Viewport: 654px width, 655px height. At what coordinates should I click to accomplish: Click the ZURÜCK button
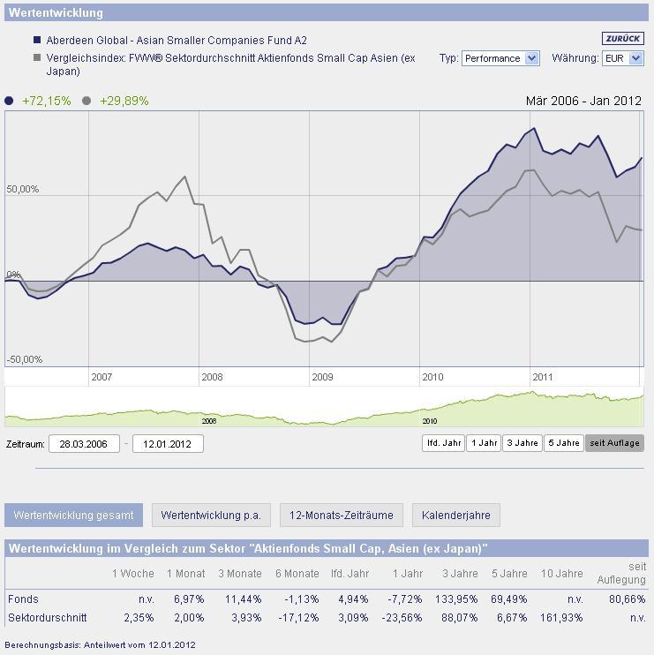pyautogui.click(x=623, y=38)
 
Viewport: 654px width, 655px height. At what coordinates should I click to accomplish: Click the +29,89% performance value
pyautogui.click(x=124, y=101)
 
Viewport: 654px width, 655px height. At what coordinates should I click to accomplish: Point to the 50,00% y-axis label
pyautogui.click(x=23, y=190)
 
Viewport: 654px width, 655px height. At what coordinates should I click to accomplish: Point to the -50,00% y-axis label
pyautogui.click(x=25, y=360)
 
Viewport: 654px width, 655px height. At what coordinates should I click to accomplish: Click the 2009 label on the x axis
pyautogui.click(x=322, y=377)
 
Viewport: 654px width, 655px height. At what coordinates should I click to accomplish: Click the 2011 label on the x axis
pyautogui.click(x=542, y=377)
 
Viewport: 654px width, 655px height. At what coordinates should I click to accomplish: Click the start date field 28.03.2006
pyautogui.click(x=84, y=443)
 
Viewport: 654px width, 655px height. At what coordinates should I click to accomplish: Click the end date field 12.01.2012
pyautogui.click(x=168, y=443)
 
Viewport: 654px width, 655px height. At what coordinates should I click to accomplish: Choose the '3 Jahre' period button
pyautogui.click(x=522, y=443)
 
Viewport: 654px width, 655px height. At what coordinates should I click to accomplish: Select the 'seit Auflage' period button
pyautogui.click(x=614, y=443)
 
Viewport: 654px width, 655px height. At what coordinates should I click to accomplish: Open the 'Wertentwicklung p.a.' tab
pyautogui.click(x=211, y=515)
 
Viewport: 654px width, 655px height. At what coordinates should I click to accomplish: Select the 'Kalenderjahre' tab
pyautogui.click(x=455, y=515)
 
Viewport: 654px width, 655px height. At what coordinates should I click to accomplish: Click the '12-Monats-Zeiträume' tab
pyautogui.click(x=342, y=515)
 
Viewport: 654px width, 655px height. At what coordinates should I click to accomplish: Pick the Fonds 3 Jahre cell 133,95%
pyautogui.click(x=456, y=599)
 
